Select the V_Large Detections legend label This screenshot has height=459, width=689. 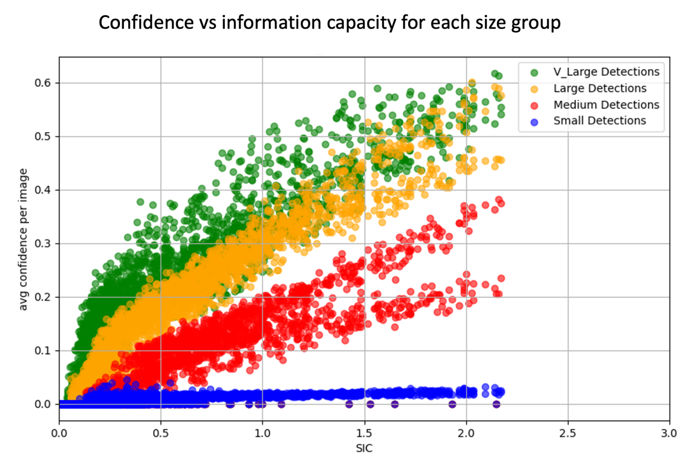point(606,72)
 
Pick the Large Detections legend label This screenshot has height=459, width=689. point(600,88)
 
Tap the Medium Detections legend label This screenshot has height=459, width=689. point(606,105)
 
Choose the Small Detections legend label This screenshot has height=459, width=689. point(599,121)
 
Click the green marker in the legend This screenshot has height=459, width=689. point(534,72)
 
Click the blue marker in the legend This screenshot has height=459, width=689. point(534,122)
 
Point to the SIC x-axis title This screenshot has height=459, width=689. point(364,448)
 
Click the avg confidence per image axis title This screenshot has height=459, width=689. point(23,239)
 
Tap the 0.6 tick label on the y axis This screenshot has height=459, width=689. point(43,83)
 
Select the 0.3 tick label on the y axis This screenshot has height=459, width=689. point(43,244)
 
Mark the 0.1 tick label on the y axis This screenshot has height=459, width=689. point(43,350)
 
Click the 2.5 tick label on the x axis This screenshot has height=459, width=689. point(568,433)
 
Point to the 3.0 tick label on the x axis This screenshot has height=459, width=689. point(669,433)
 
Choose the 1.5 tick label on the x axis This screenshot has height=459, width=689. point(364,433)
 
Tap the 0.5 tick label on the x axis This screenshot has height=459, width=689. point(161,433)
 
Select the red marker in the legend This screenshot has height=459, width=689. point(534,105)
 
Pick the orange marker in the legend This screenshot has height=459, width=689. point(534,89)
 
